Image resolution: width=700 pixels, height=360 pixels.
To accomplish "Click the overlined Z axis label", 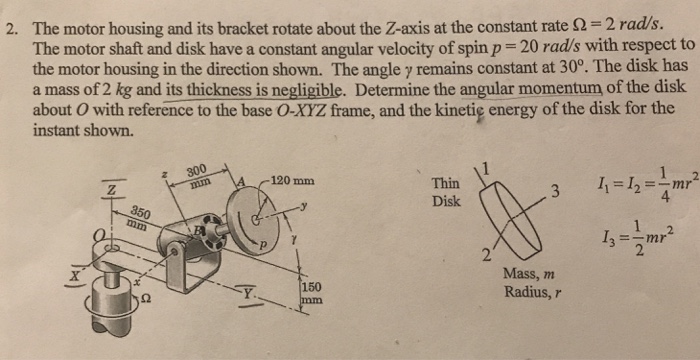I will (x=117, y=188).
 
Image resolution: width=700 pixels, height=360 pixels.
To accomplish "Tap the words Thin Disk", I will (x=445, y=192).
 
